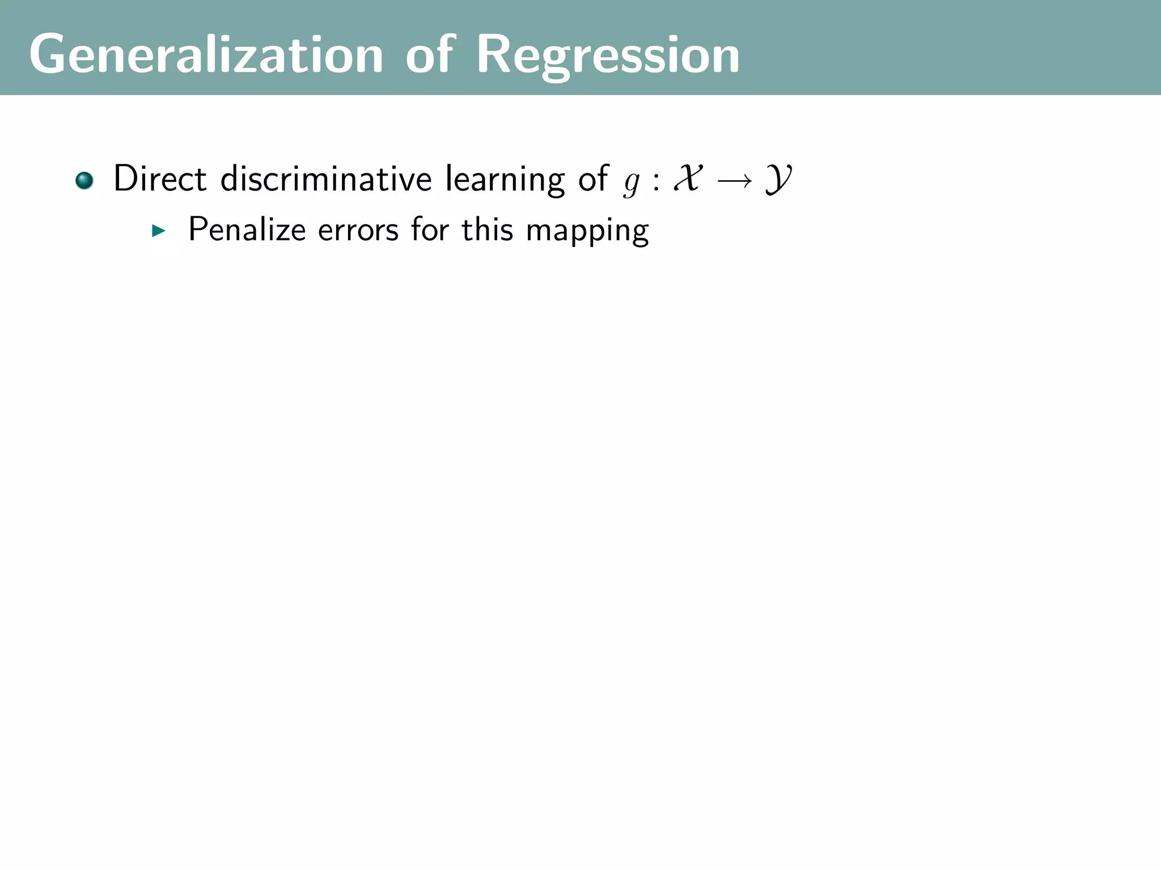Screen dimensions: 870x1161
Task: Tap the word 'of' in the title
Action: (430, 54)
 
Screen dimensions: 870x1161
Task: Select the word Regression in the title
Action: (608, 56)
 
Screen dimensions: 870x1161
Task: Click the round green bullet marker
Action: (84, 181)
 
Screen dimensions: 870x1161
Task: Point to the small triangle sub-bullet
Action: (159, 231)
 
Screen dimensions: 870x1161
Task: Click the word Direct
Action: (160, 179)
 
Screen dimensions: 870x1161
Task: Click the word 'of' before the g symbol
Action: (593, 179)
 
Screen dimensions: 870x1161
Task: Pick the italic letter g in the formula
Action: (632, 183)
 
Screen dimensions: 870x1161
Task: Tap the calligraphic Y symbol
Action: (778, 181)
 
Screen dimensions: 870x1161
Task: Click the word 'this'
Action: (487, 230)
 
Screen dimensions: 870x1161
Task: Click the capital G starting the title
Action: (48, 54)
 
